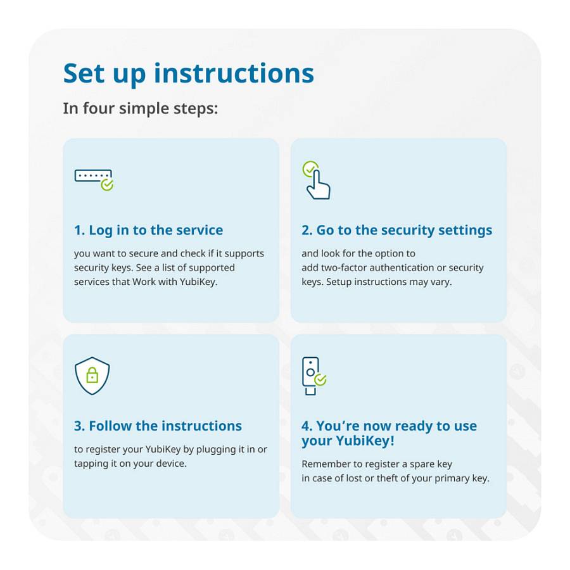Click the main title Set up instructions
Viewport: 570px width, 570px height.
click(x=188, y=73)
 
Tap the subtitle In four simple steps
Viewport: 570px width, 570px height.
click(x=140, y=108)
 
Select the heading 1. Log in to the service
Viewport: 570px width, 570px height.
click(x=148, y=230)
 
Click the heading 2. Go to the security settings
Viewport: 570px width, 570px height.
click(x=396, y=230)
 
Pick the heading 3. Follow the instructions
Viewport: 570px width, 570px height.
click(x=158, y=426)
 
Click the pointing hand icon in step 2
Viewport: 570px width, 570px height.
click(x=319, y=185)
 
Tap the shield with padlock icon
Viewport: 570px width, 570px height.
click(x=92, y=376)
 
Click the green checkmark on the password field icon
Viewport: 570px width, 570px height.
click(x=107, y=184)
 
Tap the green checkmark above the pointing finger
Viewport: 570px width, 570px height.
click(x=310, y=168)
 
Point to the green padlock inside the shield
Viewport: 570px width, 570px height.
click(x=92, y=376)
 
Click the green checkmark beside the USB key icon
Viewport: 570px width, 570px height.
click(x=320, y=379)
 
